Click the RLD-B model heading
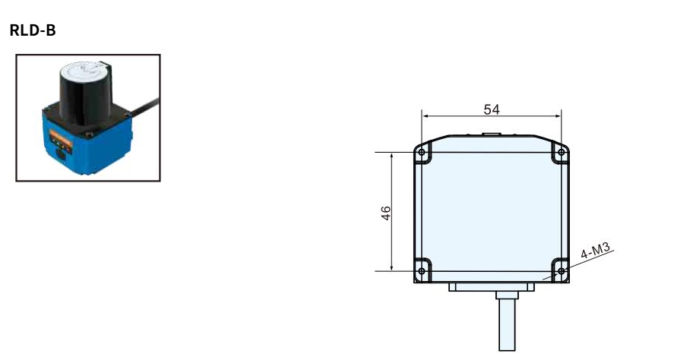[33, 30]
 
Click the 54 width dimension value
[492, 109]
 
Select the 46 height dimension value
[386, 213]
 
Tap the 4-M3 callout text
[595, 251]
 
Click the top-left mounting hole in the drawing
[422, 153]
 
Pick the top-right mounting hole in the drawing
[562, 153]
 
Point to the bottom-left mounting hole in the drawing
[422, 271]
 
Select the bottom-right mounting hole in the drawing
[562, 271]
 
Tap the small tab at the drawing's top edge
[492, 134]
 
